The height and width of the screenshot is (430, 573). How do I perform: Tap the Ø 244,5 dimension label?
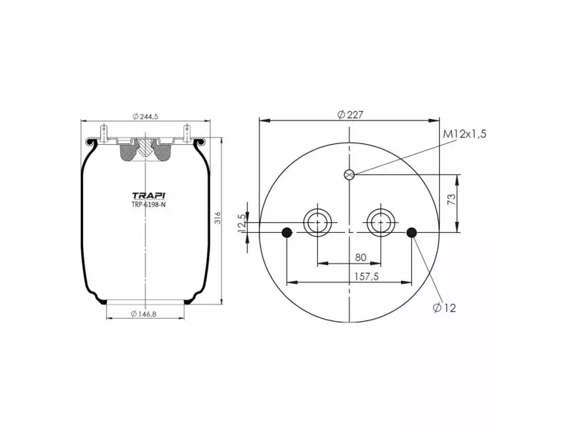pyautogui.click(x=145, y=117)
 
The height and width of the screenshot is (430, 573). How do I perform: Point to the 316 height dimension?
pyautogui.click(x=217, y=219)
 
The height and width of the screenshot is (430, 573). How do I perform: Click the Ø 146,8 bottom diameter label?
pyautogui.click(x=146, y=314)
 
